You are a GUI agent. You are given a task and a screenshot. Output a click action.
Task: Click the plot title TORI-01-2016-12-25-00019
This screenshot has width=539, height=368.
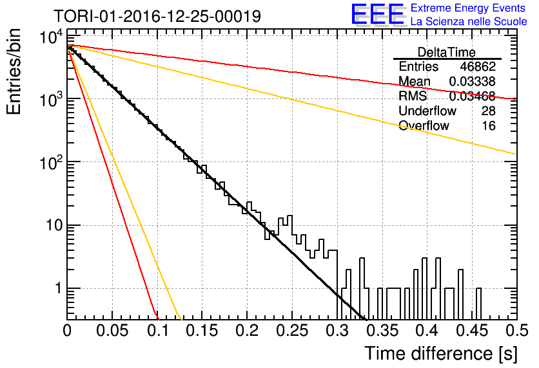[x=157, y=16]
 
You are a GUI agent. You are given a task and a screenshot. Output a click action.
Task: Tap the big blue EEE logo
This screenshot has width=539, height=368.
[x=377, y=14]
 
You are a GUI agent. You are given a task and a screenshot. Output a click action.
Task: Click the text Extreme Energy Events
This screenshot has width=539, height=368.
[x=468, y=8]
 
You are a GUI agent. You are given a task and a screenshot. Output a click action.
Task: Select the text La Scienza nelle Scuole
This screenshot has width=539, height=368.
[x=469, y=21]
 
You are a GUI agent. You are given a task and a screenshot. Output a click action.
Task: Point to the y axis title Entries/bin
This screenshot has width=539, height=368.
[x=14, y=72]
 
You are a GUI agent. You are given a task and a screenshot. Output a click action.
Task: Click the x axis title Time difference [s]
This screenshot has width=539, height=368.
[x=441, y=353]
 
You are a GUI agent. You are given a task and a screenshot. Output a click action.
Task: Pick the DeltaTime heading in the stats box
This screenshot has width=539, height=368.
[x=446, y=52]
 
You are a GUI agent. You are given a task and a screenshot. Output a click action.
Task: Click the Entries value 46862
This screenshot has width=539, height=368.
[x=478, y=66]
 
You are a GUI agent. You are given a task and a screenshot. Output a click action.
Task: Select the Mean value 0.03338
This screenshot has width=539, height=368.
[x=473, y=81]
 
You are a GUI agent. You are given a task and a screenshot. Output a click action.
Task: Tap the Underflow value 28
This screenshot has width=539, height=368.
[x=488, y=111]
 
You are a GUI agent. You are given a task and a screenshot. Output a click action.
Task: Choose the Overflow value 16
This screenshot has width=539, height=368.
[x=489, y=125]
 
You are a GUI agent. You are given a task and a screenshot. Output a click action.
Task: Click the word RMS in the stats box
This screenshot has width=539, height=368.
[x=413, y=96]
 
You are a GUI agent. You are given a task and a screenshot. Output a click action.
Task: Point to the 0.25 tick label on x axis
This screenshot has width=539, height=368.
[x=292, y=331]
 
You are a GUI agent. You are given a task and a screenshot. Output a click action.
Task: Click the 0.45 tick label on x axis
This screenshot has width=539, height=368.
[x=472, y=331]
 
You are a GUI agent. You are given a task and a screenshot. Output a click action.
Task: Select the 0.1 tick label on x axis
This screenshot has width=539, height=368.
[x=158, y=331]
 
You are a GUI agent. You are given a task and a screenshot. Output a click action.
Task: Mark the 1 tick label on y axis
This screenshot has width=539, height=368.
[x=59, y=288]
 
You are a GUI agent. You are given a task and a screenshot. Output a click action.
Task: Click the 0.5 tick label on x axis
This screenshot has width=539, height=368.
[x=516, y=331]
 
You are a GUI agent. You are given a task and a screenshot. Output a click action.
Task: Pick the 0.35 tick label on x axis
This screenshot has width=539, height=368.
[x=382, y=331]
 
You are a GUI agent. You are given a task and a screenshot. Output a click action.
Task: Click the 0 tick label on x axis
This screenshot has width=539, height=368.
[x=67, y=331]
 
